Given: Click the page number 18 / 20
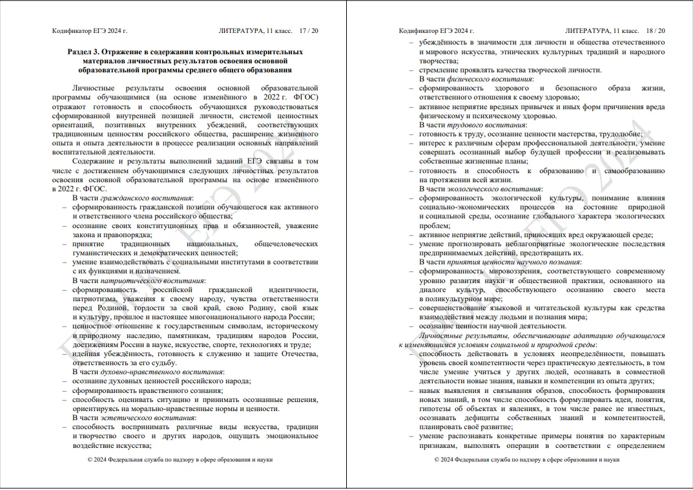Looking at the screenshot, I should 656,30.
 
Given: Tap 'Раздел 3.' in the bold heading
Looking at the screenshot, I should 83,51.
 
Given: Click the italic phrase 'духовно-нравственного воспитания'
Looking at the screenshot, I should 169,372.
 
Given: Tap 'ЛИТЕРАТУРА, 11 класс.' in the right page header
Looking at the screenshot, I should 602,30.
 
